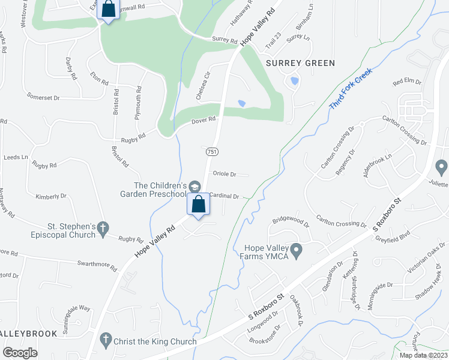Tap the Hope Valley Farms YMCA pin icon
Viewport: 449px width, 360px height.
pos(296,248)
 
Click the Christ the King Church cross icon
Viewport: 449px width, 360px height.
pos(106,338)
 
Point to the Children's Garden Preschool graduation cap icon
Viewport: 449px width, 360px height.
pos(194,185)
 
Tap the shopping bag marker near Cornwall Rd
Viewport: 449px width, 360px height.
pos(108,10)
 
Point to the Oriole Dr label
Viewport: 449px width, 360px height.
pos(225,174)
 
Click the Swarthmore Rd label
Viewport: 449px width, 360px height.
pos(97,263)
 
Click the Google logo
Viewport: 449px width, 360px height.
pos(20,352)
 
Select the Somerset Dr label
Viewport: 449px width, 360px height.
pos(44,96)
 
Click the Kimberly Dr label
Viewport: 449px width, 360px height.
pos(51,196)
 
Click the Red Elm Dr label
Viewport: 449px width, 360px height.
pos(407,82)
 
